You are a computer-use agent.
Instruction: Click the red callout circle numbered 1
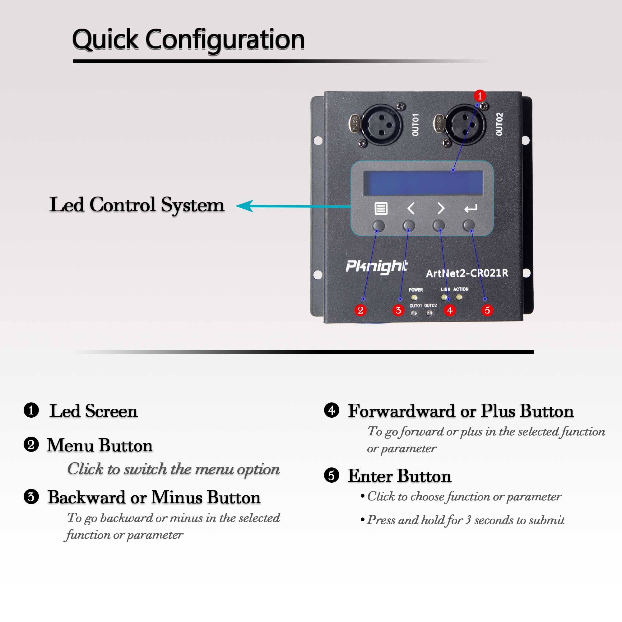(x=480, y=95)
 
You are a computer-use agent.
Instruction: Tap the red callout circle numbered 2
(x=360, y=310)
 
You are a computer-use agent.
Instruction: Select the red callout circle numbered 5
(x=487, y=310)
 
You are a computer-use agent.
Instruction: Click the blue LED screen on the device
(x=423, y=183)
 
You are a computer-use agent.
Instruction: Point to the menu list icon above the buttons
(x=381, y=208)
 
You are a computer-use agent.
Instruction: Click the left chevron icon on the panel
(x=411, y=208)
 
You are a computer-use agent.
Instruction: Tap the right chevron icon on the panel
(x=441, y=208)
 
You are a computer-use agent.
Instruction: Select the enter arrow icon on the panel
(x=471, y=209)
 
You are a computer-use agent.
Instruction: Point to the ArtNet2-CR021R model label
(x=467, y=273)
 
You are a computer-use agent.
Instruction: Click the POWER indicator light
(x=414, y=298)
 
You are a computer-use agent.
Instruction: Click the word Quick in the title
(x=106, y=40)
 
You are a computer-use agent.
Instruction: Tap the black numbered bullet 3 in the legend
(x=31, y=496)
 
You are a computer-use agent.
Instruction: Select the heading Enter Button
(x=400, y=476)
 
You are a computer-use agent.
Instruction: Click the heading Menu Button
(x=100, y=445)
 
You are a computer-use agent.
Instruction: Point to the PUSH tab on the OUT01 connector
(x=355, y=124)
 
